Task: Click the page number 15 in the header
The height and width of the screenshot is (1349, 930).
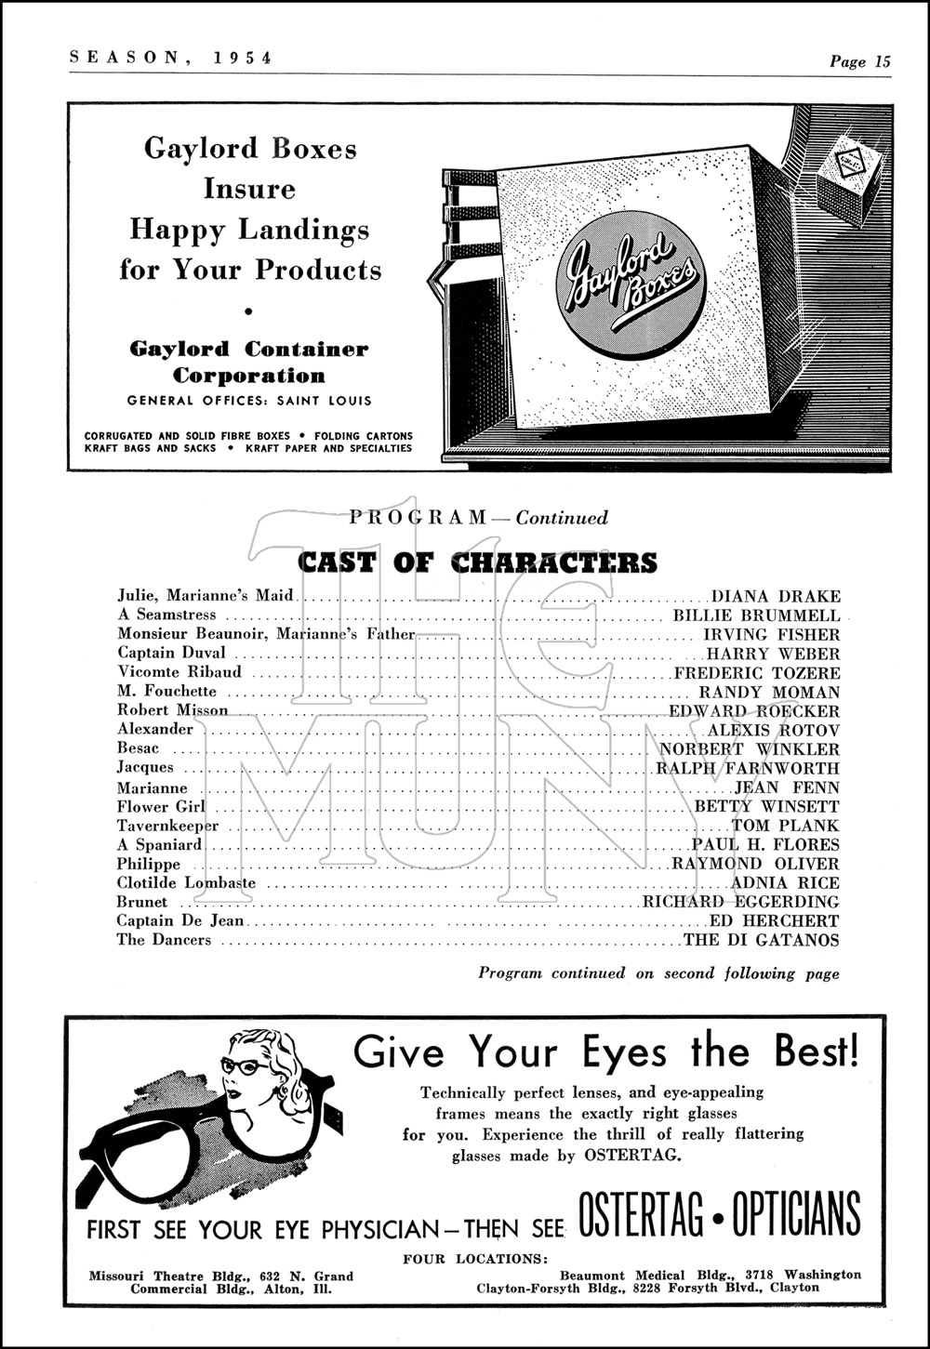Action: tap(882, 62)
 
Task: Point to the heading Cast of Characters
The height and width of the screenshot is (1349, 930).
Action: tap(477, 562)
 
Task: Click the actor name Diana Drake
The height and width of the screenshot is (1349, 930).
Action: tap(776, 597)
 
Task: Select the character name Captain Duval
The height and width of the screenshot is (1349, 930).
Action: tap(171, 653)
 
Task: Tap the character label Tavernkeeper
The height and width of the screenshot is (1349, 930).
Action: tap(167, 826)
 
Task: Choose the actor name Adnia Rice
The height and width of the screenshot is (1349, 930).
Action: tap(785, 883)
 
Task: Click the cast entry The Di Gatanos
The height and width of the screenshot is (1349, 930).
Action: tap(761, 940)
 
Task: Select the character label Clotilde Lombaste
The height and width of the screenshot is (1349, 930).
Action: tap(186, 883)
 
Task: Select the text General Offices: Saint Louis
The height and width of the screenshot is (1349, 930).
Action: tap(249, 401)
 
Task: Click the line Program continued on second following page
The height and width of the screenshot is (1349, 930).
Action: tap(658, 973)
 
